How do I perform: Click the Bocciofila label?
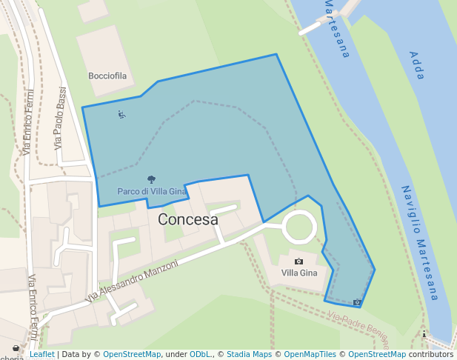tap(108, 76)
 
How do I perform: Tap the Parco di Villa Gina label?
tap(151, 191)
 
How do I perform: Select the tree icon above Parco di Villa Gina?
tap(151, 179)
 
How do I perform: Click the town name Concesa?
tap(188, 220)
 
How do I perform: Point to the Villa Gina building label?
tap(298, 273)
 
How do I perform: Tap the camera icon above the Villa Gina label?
tap(298, 261)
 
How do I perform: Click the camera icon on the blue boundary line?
tap(357, 302)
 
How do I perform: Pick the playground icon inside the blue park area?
tap(121, 114)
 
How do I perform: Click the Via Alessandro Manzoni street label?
tap(133, 280)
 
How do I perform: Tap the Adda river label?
tap(417, 65)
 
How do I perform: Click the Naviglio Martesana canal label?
tap(421, 242)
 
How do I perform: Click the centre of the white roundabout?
tap(300, 226)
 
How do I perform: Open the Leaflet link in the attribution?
tap(41, 355)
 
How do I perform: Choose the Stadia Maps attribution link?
tap(249, 355)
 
